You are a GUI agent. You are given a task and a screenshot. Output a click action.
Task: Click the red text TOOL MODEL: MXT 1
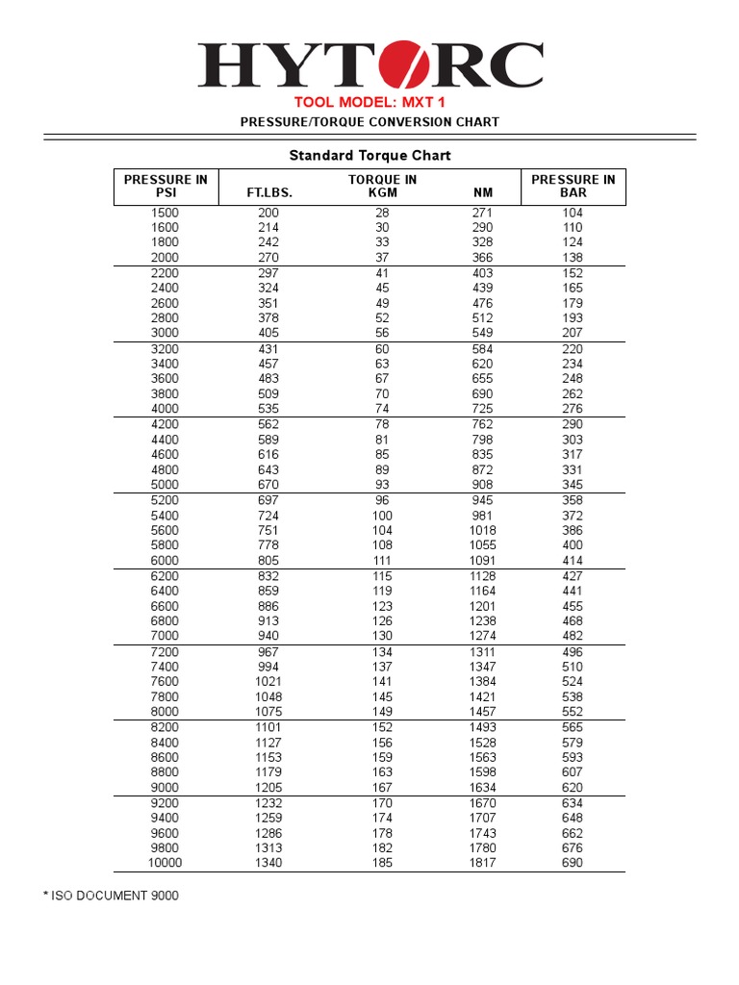click(369, 102)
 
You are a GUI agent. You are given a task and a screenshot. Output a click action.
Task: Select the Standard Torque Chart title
click(369, 155)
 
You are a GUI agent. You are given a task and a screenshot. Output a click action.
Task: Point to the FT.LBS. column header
click(269, 192)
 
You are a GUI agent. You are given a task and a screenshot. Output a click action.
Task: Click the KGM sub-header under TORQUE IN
click(382, 192)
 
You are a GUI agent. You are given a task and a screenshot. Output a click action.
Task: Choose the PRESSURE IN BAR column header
click(573, 186)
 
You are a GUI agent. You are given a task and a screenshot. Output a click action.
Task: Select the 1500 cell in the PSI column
click(166, 213)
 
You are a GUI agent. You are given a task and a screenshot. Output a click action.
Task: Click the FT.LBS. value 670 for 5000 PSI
click(268, 485)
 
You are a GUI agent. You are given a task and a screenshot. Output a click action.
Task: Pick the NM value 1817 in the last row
click(482, 863)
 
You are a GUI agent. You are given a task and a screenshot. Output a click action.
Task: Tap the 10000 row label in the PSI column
click(165, 863)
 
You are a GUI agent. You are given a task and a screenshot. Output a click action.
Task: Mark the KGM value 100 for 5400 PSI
click(382, 516)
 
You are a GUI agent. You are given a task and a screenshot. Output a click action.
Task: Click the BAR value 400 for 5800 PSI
click(573, 545)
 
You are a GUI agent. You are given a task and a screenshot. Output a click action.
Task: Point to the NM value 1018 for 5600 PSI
click(482, 530)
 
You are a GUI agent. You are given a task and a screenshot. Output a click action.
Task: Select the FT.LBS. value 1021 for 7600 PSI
click(268, 681)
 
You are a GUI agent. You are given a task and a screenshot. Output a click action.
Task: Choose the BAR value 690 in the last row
click(573, 863)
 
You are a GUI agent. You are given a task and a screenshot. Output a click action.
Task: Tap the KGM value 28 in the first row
click(382, 213)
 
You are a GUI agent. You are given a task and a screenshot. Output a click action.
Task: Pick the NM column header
click(482, 192)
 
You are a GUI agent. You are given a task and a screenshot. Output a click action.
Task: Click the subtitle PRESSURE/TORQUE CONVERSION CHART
click(369, 122)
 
